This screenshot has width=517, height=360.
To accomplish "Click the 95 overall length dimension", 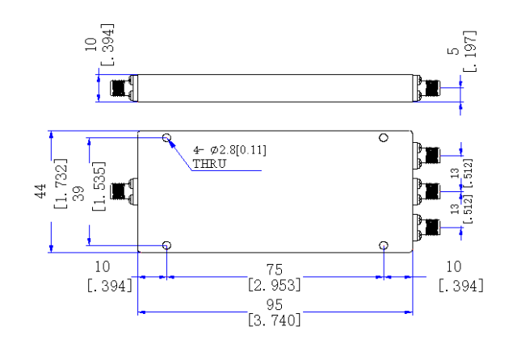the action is [275, 304].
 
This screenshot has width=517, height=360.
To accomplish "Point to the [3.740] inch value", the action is [275, 320].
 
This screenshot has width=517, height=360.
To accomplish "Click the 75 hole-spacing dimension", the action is [275, 270].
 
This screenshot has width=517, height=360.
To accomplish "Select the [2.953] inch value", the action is [275, 285].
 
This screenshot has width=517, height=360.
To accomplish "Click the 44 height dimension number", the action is [40, 191].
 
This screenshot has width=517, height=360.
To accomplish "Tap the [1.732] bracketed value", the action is [61, 183].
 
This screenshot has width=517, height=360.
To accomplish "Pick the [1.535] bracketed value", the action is [99, 186].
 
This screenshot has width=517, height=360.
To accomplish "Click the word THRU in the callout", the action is [209, 164].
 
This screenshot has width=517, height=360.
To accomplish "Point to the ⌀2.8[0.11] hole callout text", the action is [238, 150].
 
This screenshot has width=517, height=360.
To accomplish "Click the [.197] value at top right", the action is [470, 51].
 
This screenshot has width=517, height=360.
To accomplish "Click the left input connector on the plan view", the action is [124, 191].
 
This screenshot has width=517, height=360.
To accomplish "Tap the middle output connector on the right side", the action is [427, 191].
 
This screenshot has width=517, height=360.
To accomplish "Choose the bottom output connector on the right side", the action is [427, 228].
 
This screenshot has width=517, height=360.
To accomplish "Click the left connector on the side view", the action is [124, 88].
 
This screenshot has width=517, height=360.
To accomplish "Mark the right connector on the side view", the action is [427, 88].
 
